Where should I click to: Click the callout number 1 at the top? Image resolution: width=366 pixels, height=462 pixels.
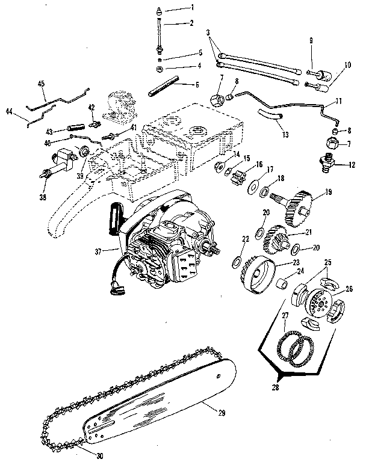(x=193, y=7)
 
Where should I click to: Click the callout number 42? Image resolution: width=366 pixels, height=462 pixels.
(x=92, y=107)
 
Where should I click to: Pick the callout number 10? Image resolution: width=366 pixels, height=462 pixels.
(x=347, y=64)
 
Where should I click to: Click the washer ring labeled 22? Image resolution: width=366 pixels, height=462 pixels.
(x=238, y=262)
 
